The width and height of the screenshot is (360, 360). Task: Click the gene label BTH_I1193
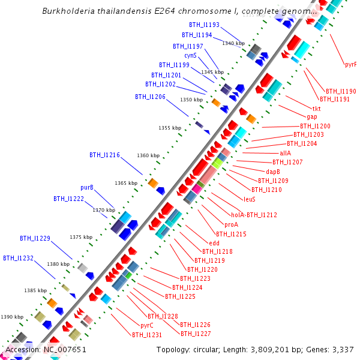[204, 25]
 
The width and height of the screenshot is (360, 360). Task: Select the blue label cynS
[190, 55]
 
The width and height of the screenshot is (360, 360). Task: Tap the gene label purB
[88, 188]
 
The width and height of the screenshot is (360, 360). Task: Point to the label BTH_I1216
[105, 155]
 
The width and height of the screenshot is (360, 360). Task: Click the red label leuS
[250, 199]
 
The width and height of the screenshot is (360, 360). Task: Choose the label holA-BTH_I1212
[254, 215]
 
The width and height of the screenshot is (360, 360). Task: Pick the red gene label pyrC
[147, 325]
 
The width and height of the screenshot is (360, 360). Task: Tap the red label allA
[285, 153]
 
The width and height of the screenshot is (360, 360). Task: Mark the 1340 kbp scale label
[233, 43]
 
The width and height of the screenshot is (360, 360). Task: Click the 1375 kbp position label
[81, 237]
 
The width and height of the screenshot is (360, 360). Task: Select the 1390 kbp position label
[11, 316]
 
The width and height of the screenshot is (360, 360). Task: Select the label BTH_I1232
[18, 258]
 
